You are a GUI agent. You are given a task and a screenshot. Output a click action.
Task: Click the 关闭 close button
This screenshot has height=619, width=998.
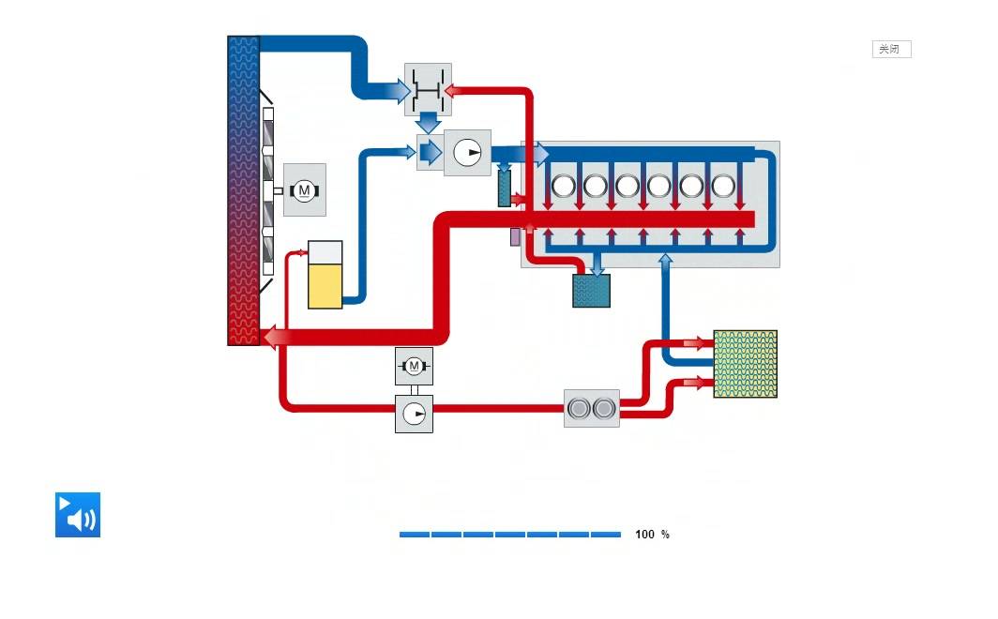point(891,49)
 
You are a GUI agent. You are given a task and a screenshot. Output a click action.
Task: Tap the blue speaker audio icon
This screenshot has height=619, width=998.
point(78,515)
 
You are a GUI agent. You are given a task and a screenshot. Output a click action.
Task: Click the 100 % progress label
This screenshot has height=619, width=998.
point(652,535)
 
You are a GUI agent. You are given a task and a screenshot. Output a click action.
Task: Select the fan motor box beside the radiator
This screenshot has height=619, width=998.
point(304,189)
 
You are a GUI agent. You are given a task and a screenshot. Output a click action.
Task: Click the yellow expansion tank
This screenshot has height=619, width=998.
point(325,275)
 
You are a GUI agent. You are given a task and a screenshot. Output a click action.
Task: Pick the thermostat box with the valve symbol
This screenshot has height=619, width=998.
point(429,90)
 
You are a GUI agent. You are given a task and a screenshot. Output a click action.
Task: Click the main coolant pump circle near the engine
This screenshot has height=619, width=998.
point(467,153)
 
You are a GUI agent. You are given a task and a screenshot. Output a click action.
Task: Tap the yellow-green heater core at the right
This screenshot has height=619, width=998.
point(746,364)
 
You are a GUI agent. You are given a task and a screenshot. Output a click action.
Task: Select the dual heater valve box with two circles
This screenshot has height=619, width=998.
point(592,408)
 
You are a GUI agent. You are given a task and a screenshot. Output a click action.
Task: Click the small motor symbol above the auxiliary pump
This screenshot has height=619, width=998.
point(414,366)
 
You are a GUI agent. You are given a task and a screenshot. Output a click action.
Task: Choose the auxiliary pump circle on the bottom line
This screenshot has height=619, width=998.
point(414,415)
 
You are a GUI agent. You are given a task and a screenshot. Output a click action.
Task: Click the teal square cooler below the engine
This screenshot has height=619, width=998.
point(591,291)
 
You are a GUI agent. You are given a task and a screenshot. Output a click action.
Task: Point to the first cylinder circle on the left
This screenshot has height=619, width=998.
point(564,187)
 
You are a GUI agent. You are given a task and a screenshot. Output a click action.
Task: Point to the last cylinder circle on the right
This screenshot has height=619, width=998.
point(724,187)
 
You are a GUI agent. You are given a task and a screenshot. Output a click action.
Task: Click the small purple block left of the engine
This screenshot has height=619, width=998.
point(515,237)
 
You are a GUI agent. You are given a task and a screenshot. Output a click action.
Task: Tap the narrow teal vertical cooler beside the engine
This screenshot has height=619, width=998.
point(504,189)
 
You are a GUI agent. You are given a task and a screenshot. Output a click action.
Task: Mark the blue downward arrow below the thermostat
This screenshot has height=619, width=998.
point(429,122)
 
